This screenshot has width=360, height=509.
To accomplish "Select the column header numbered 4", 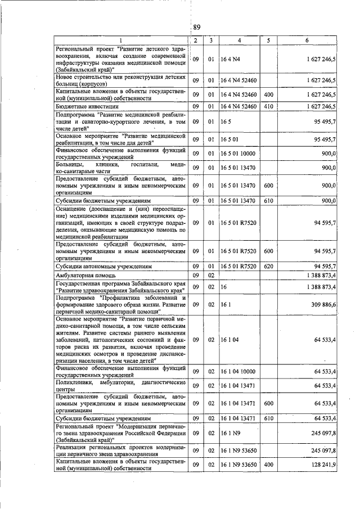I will pos(239,40).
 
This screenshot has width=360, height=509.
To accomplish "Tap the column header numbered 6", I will pos(307,40).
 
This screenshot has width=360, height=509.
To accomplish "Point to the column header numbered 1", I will pos(120,40).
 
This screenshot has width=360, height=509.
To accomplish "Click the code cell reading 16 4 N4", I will pos(231,58).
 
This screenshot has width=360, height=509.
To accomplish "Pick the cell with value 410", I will pos(268,106).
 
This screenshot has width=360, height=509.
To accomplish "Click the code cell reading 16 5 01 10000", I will pos(238,153).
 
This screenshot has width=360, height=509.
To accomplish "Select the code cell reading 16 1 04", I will pos(231,340).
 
